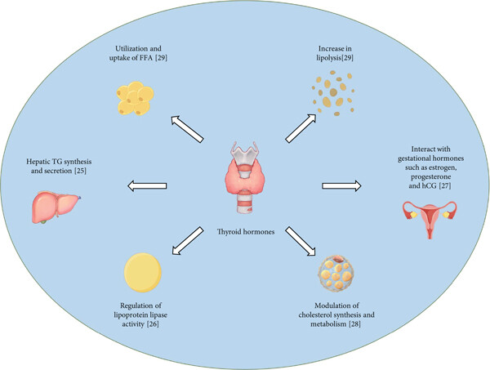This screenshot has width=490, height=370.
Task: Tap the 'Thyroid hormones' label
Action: (x=246, y=232)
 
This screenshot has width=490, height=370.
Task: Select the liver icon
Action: (x=56, y=207)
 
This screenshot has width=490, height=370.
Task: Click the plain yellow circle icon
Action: (x=143, y=273)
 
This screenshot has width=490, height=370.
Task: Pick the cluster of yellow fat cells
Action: (x=135, y=98)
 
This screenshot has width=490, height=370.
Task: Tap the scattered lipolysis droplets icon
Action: (x=333, y=93)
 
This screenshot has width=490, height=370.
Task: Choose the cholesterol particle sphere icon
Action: (x=336, y=273)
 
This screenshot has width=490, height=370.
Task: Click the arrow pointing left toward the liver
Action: (x=147, y=186)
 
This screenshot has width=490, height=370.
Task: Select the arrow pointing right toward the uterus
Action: (x=341, y=186)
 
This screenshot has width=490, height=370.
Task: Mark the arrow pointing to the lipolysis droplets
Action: (x=301, y=128)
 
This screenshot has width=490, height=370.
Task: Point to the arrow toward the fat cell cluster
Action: (x=188, y=129)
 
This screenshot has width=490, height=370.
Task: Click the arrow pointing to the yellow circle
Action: (x=188, y=241)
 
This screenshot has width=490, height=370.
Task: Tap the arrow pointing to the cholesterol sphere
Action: (x=301, y=241)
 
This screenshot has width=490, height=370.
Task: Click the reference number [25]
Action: (x=80, y=171)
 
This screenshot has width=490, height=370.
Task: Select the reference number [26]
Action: (x=153, y=324)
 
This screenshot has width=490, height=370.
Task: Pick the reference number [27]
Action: (x=445, y=186)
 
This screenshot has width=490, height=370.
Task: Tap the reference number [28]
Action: (x=354, y=324)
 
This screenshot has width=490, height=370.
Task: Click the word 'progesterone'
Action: (x=430, y=177)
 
